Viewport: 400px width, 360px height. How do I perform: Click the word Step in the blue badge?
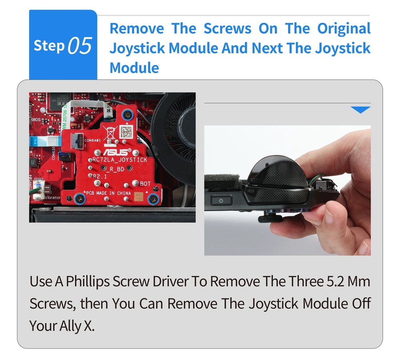point(49,46)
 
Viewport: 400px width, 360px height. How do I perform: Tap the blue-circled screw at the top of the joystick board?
point(128,115)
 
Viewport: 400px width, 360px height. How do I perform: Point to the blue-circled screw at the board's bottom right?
point(153,199)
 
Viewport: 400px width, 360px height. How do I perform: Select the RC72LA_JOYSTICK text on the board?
point(120,160)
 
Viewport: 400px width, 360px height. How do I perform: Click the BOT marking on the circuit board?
point(145,183)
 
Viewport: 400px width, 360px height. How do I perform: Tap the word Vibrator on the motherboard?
point(52,197)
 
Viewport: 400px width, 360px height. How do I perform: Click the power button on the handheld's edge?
point(220,200)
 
